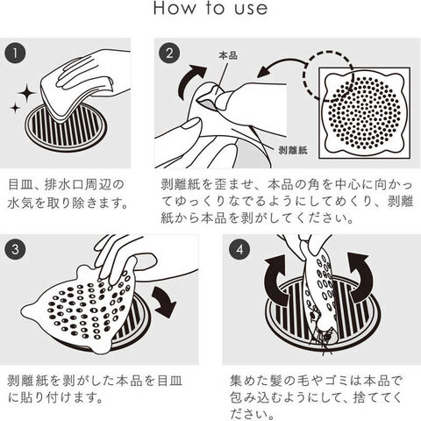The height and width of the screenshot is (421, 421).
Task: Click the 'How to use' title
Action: (210, 8)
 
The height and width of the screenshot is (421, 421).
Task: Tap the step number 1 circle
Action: (15, 54)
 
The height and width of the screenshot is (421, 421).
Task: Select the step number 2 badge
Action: (169, 54)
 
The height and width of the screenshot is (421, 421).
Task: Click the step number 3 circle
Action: (15, 249)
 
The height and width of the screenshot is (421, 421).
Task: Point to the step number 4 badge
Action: (239, 249)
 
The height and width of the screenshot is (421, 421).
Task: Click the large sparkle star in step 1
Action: (26, 93)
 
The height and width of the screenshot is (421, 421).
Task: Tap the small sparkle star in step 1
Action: (15, 108)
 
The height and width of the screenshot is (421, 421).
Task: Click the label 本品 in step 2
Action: (228, 55)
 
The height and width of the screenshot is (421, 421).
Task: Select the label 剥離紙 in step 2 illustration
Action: (293, 150)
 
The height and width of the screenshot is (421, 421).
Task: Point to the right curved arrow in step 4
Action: (360, 278)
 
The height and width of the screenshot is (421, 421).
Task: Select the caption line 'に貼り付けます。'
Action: (55, 397)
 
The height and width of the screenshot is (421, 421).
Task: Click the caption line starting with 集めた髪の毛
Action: (317, 381)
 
